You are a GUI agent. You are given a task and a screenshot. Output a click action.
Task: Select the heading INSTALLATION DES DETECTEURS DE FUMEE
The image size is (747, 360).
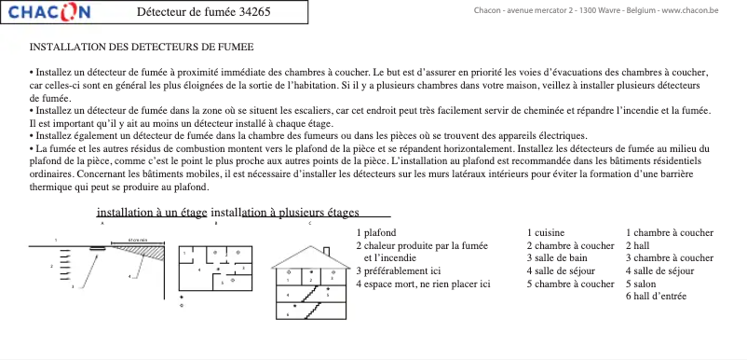pyautogui.click(x=142, y=46)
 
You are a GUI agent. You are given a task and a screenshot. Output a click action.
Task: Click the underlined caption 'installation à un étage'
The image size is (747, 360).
pyautogui.click(x=152, y=212)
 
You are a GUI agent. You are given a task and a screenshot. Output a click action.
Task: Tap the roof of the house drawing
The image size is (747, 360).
pyautogui.click(x=307, y=257)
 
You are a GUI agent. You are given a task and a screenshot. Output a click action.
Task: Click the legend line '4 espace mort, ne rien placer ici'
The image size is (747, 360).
pyautogui.click(x=423, y=284)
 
